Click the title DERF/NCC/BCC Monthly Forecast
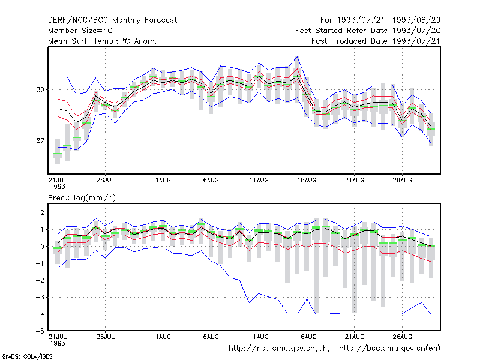tap(112, 20)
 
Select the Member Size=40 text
tap(80, 31)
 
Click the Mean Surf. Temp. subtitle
tap(102, 41)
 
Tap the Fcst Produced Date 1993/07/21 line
tap(376, 41)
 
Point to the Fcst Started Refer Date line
tap(368, 31)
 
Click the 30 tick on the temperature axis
tap(40, 89)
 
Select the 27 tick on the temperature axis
tap(40, 140)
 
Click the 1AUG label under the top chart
tap(163, 180)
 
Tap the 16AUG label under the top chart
tap(307, 180)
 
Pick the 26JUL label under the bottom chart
tap(106, 337)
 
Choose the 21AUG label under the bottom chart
tap(355, 337)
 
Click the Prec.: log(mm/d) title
tap(82, 198)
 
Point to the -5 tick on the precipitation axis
tap(40, 331)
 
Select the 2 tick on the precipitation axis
tap(42, 212)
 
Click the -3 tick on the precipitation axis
tap(40, 297)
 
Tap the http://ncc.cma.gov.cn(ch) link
tap(279, 349)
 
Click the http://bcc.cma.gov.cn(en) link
tap(389, 349)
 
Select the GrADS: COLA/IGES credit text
tap(27, 356)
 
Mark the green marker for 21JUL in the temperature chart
tap(58, 154)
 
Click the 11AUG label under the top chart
tap(259, 180)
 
